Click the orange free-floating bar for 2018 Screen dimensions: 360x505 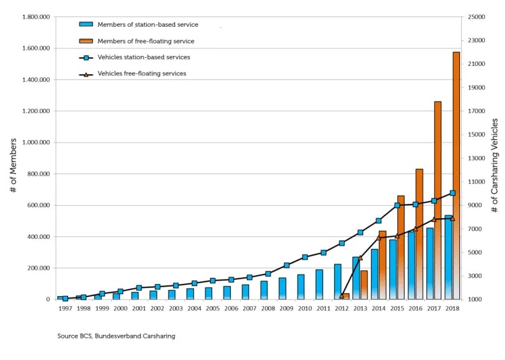pos(456,175)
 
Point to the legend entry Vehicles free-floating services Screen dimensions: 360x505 pos(141,73)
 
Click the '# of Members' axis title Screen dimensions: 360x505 pos(13,158)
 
